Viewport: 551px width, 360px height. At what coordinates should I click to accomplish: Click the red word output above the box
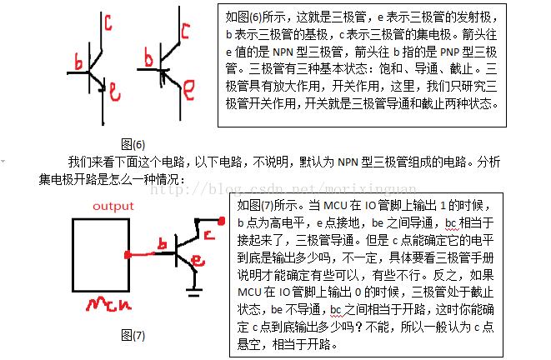[113, 206]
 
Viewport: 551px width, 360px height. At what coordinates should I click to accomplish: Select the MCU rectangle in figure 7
[99, 253]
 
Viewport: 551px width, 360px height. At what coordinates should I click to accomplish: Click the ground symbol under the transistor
[195, 292]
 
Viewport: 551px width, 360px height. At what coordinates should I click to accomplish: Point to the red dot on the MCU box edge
[127, 253]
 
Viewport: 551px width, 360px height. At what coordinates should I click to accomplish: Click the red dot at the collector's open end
[223, 220]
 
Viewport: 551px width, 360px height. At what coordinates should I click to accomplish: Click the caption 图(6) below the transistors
[133, 143]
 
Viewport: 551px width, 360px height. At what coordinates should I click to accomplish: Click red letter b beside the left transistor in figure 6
[78, 62]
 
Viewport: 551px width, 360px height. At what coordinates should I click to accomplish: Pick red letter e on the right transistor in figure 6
[189, 84]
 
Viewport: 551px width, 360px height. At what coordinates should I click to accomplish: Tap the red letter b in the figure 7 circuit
[165, 242]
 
